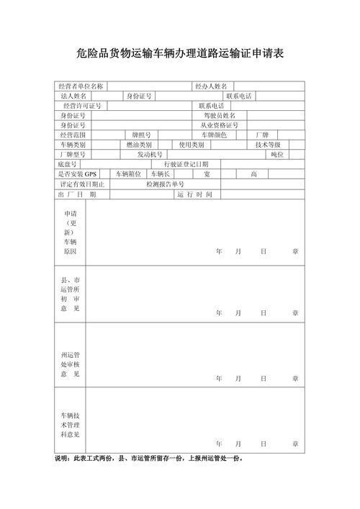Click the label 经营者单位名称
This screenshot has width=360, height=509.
click(x=81, y=86)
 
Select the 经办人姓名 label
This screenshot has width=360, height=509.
click(x=211, y=86)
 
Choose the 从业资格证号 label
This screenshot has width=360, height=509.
click(x=220, y=125)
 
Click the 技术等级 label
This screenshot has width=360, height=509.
click(x=268, y=145)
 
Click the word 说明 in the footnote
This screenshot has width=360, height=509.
click(x=63, y=459)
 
